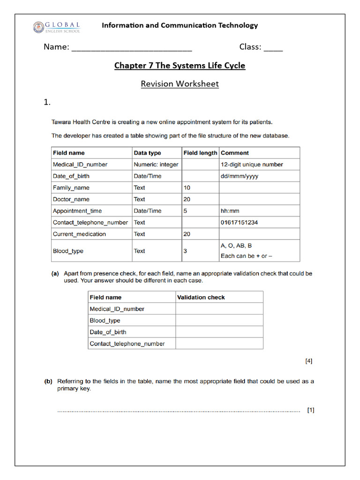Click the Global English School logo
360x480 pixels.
pyautogui.click(x=56, y=27)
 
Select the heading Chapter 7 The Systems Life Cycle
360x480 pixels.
pyautogui.click(x=180, y=66)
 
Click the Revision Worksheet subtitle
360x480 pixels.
pyautogui.click(x=180, y=84)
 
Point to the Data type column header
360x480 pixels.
pyautogui.click(x=147, y=153)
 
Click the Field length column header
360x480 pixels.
pyautogui.click(x=200, y=153)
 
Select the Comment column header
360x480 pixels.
pyautogui.click(x=235, y=153)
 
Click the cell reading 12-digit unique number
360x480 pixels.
pyautogui.click(x=252, y=165)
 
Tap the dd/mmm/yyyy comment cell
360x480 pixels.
pyautogui.click(x=239, y=176)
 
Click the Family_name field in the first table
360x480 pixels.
pyautogui.click(x=71, y=188)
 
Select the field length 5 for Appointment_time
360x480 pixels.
pyautogui.click(x=185, y=211)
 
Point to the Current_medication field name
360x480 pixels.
pyautogui.click(x=80, y=234)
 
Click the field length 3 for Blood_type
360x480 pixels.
pyautogui.click(x=185, y=251)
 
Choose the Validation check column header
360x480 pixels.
pyautogui.click(x=201, y=297)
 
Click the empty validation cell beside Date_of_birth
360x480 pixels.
pyautogui.click(x=219, y=332)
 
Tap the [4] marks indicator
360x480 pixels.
pyautogui.click(x=308, y=361)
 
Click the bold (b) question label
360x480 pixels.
pyautogui.click(x=48, y=382)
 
